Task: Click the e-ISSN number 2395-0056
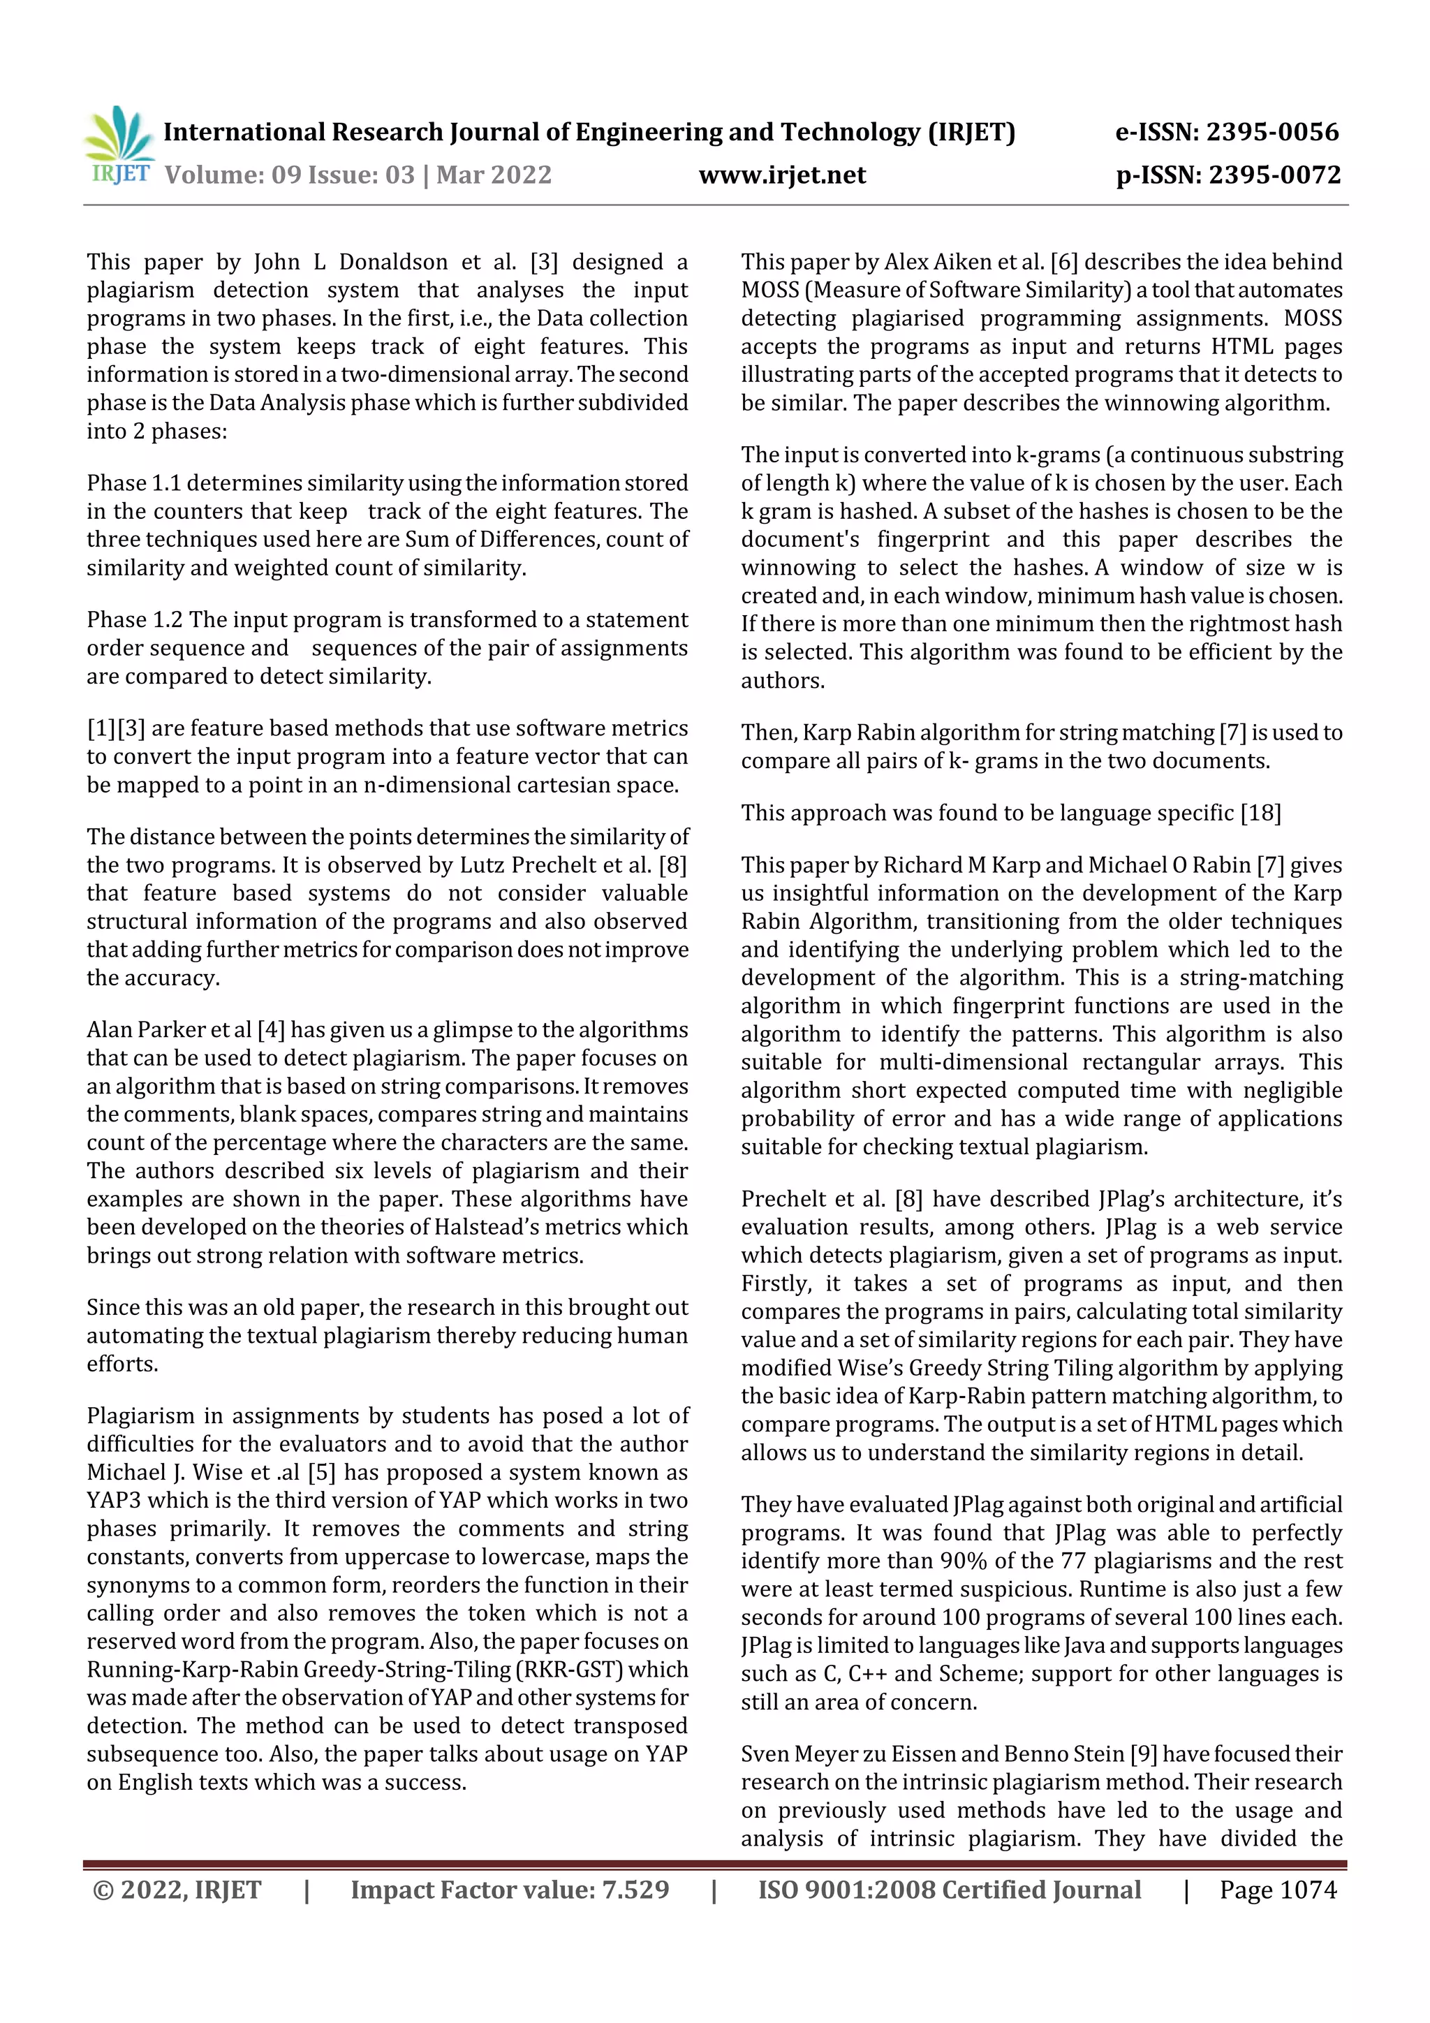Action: [1271, 132]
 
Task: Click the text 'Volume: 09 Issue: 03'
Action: [289, 175]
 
